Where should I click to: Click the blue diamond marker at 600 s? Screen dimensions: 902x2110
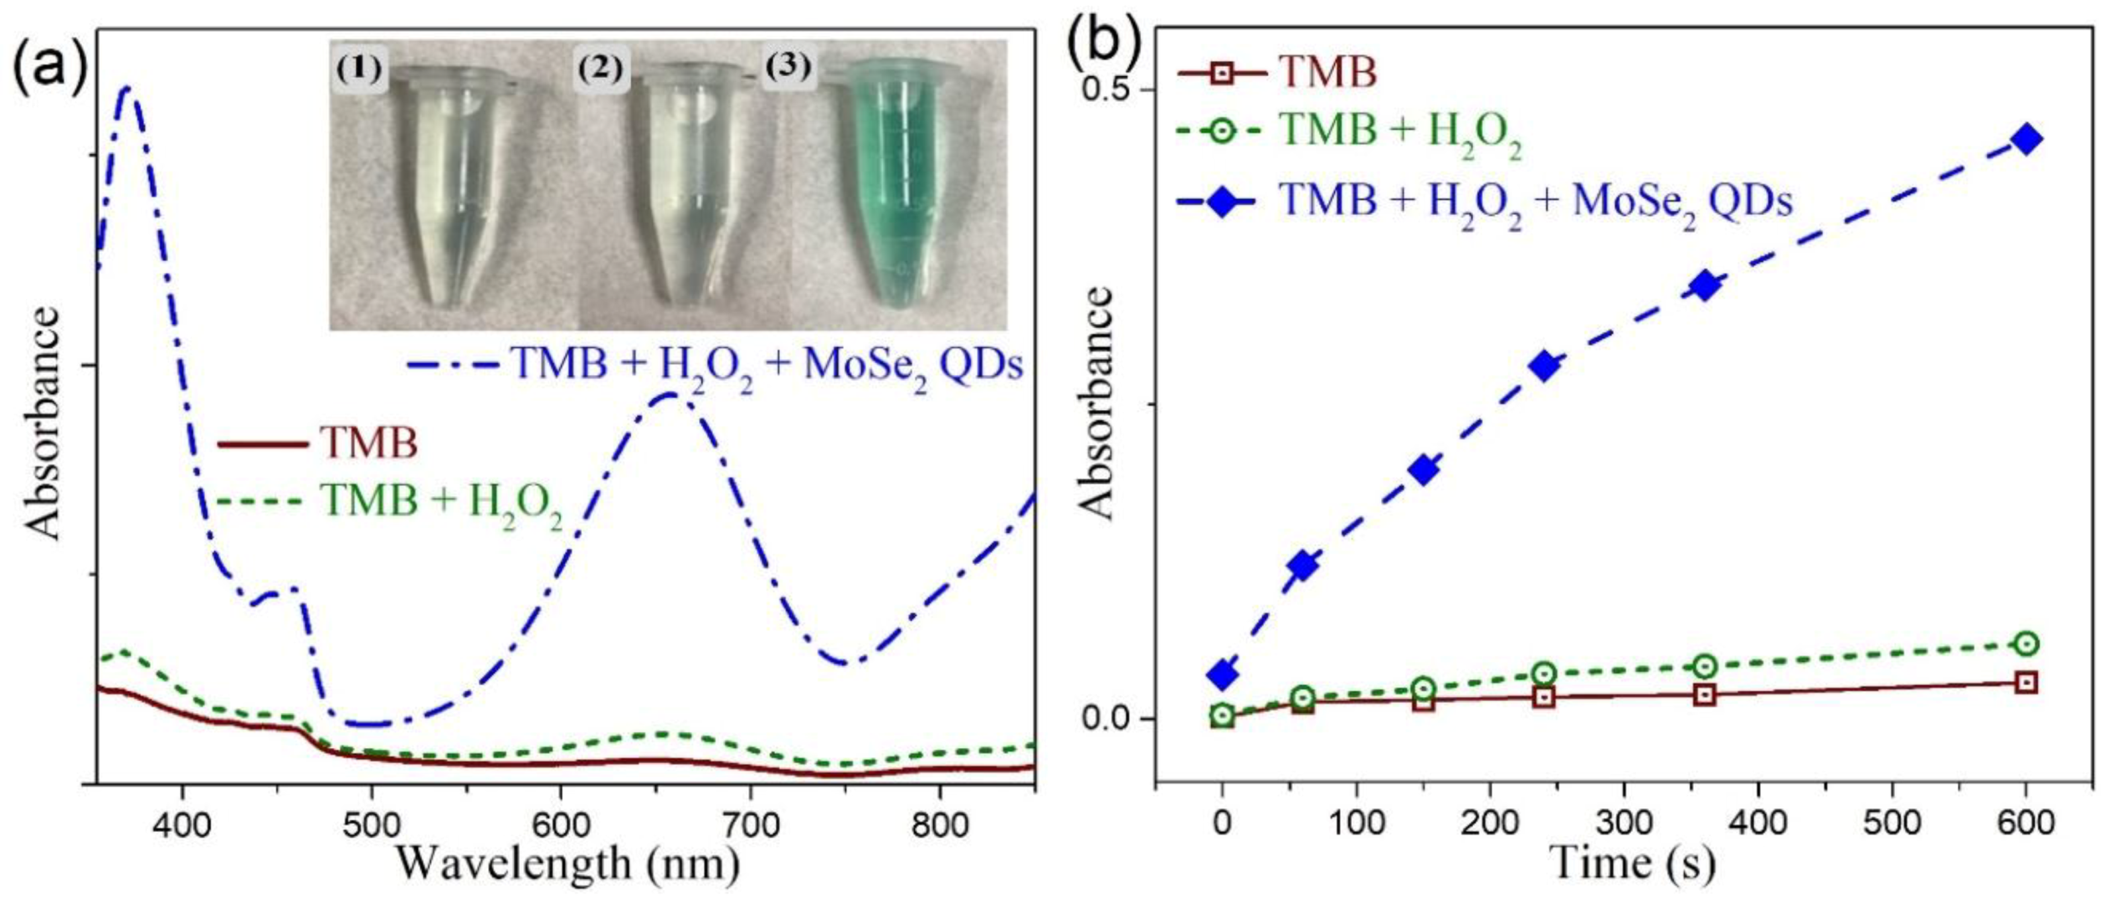click(2025, 139)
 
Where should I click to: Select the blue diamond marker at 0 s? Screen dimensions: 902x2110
click(1223, 674)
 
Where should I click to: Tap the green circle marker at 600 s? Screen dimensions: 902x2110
click(2025, 643)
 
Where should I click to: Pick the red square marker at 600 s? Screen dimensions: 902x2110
click(2025, 683)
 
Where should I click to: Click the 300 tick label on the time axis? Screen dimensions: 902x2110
click(1624, 823)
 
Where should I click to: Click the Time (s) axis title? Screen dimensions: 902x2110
click(1632, 862)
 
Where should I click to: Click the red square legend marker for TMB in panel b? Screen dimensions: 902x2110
click(1222, 73)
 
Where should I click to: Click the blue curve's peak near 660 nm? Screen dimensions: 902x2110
click(670, 394)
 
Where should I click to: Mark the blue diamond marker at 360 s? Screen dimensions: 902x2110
click(1705, 286)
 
